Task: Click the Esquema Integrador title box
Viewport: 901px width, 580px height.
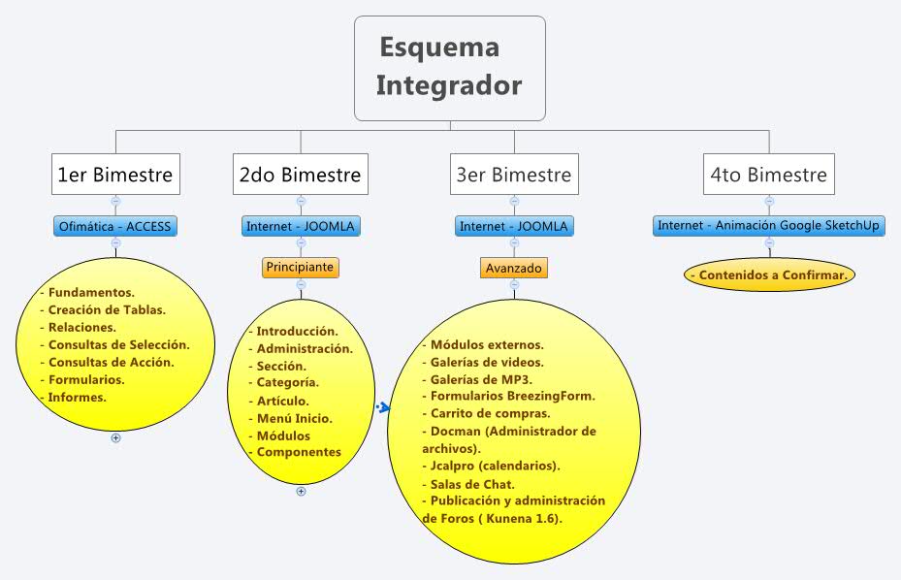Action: [x=449, y=67]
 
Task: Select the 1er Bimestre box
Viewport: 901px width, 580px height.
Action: [x=115, y=175]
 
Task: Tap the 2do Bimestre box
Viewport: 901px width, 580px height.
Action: [x=300, y=175]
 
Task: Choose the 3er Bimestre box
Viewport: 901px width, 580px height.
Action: [x=514, y=175]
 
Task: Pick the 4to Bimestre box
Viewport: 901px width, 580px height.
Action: [x=769, y=175]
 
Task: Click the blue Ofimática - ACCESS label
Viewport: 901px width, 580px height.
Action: [x=115, y=227]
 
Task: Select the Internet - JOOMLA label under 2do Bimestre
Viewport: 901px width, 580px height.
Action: [x=301, y=227]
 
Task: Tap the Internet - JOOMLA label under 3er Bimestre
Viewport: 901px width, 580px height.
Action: [x=514, y=227]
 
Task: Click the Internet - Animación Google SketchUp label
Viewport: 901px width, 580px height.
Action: [x=769, y=226]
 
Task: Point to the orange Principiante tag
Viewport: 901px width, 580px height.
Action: [x=301, y=267]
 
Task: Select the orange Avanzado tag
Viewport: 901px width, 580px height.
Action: [x=514, y=267]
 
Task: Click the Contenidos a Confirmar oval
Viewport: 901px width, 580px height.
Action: [x=770, y=274]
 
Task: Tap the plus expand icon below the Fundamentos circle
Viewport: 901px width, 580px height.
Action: [x=115, y=437]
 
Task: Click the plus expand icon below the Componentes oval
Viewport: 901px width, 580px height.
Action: [x=301, y=491]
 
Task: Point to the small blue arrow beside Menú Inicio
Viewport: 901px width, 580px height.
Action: [x=382, y=407]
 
